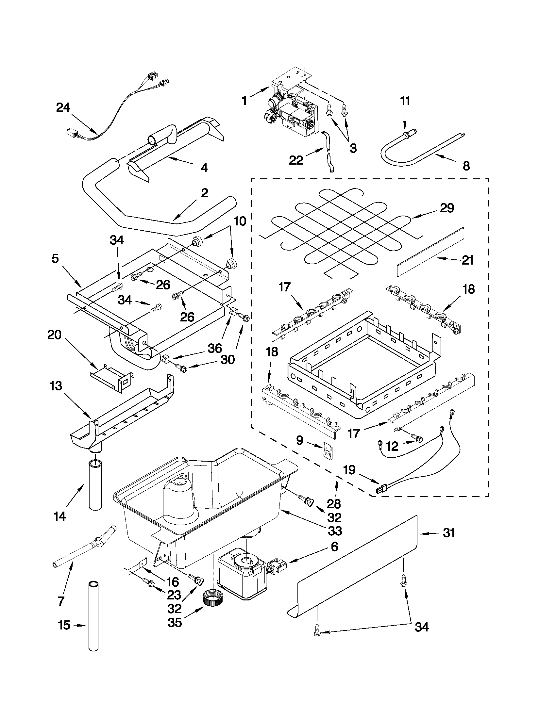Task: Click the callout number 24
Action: pos(63,108)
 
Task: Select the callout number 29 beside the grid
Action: pos(446,208)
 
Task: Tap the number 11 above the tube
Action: pos(405,101)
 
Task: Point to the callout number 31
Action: pos(448,533)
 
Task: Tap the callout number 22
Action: pos(296,160)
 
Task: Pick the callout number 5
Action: pos(55,258)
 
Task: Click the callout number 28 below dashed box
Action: pos(334,504)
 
